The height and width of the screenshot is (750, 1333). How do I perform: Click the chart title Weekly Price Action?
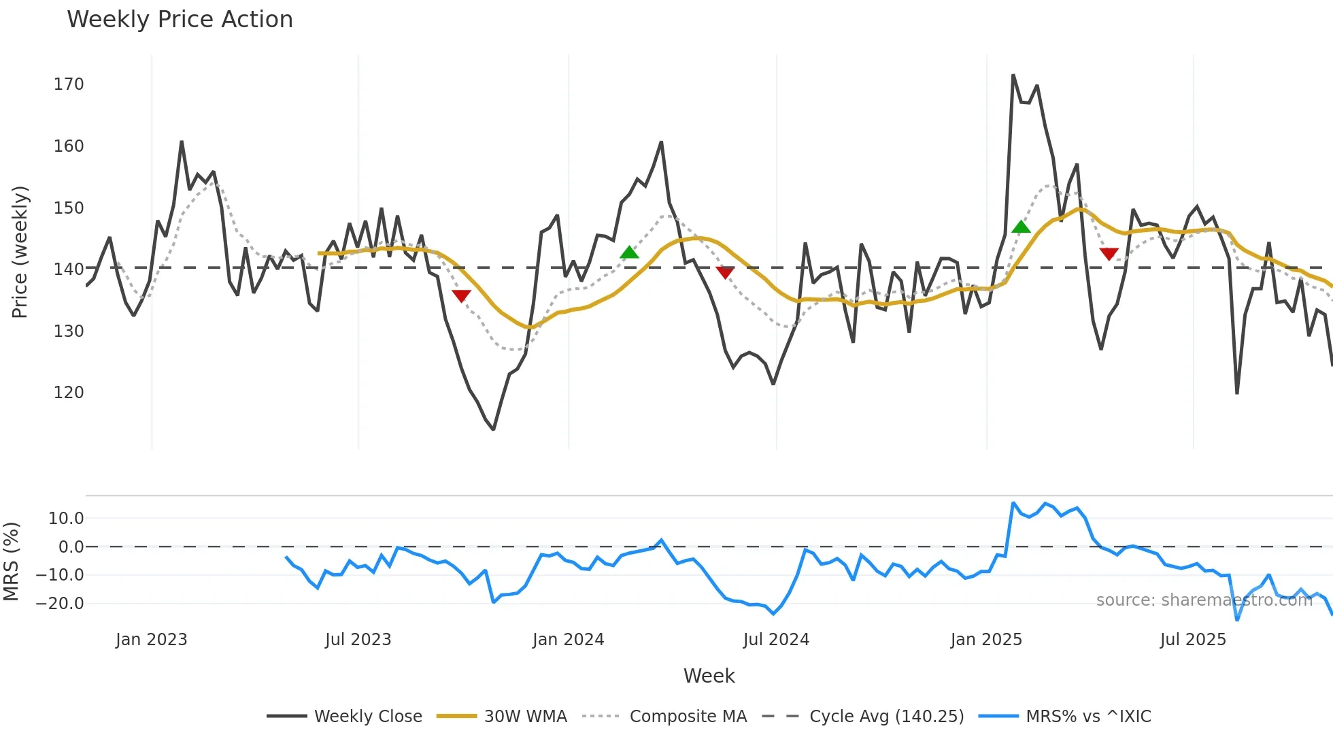pyautogui.click(x=180, y=20)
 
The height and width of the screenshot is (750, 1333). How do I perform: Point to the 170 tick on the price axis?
pyautogui.click(x=69, y=84)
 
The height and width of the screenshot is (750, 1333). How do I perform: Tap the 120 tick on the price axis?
pyautogui.click(x=69, y=393)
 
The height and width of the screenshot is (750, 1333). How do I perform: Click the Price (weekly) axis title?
pyautogui.click(x=20, y=252)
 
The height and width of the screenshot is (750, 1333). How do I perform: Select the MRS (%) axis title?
pyautogui.click(x=12, y=561)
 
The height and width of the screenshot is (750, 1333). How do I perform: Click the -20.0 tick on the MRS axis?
pyautogui.click(x=60, y=604)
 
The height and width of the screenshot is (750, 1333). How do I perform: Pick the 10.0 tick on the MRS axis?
pyautogui.click(x=66, y=519)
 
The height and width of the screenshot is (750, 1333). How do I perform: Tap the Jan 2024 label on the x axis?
pyautogui.click(x=568, y=640)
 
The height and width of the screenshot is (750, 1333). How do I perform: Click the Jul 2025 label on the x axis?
pyautogui.click(x=1193, y=640)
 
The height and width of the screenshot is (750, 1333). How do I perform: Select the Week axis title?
pyautogui.click(x=709, y=676)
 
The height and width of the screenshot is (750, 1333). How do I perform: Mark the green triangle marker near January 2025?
pyautogui.click(x=1021, y=227)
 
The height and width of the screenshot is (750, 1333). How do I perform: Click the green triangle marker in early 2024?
pyautogui.click(x=629, y=252)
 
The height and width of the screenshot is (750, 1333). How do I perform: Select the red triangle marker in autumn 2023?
pyautogui.click(x=461, y=295)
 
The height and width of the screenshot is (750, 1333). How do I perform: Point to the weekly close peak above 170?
pyautogui.click(x=1013, y=75)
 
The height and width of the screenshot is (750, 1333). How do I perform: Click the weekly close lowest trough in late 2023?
pyautogui.click(x=494, y=429)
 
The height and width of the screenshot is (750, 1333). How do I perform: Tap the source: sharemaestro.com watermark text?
pyautogui.click(x=1204, y=600)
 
